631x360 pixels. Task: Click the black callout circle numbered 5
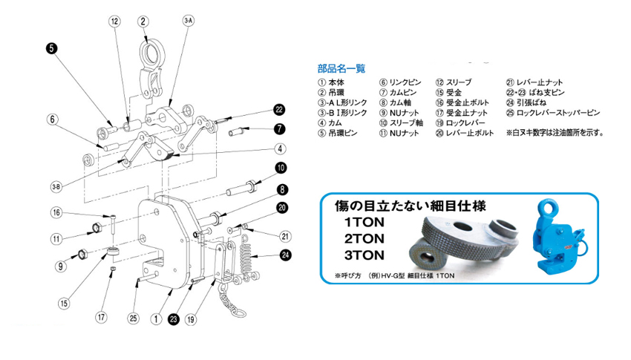[51, 49]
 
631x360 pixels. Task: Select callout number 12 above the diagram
[114, 22]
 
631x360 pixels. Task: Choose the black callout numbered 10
[282, 167]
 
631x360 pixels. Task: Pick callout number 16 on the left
[55, 213]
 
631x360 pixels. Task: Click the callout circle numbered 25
[134, 318]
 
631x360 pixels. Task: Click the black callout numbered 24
[286, 255]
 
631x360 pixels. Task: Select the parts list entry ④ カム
[330, 123]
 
